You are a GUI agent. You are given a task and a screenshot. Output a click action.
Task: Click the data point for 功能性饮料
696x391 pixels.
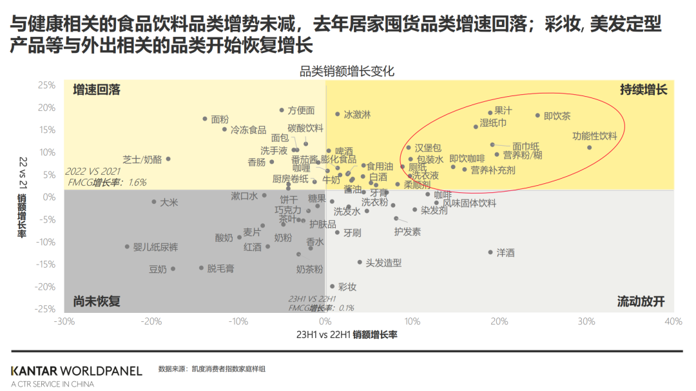pyautogui.click(x=589, y=148)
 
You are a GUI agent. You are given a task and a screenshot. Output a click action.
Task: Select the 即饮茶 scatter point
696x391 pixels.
pyautogui.click(x=537, y=115)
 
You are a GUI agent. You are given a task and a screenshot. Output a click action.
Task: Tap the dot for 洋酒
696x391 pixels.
pyautogui.click(x=490, y=252)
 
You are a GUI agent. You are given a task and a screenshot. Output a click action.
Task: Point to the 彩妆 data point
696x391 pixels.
pyautogui.click(x=333, y=286)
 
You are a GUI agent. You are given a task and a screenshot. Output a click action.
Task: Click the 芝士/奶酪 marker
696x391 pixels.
pyautogui.click(x=168, y=159)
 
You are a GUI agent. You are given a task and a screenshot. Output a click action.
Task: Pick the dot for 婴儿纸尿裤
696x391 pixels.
pyautogui.click(x=127, y=246)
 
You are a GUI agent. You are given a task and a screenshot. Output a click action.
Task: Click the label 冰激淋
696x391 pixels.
pyautogui.click(x=357, y=114)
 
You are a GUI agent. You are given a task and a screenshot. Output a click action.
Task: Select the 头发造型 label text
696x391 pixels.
pyautogui.click(x=383, y=263)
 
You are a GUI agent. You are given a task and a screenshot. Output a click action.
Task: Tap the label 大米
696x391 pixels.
pyautogui.click(x=169, y=202)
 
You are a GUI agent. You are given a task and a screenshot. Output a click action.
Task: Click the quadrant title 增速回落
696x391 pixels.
pyautogui.click(x=97, y=90)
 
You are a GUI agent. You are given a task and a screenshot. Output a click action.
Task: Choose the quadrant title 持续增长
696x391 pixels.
pyautogui.click(x=643, y=90)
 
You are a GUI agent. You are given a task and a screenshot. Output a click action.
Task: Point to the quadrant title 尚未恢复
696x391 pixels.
pyautogui.click(x=97, y=301)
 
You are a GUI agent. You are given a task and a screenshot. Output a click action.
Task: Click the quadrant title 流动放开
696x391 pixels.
pyautogui.click(x=641, y=301)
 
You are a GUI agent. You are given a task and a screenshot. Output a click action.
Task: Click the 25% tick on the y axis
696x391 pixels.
pyautogui.click(x=46, y=85)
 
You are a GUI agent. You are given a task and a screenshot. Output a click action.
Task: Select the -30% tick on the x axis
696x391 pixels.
pyautogui.click(x=64, y=321)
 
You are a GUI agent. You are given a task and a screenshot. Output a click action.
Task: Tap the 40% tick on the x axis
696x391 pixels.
pyautogui.click(x=673, y=321)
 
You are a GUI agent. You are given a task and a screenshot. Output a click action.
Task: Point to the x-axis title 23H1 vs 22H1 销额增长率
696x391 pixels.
pyautogui.click(x=347, y=335)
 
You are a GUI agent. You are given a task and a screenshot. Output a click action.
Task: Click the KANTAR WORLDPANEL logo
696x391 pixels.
pyautogui.click(x=76, y=371)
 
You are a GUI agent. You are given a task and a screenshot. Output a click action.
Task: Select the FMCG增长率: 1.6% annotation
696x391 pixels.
pyautogui.click(x=107, y=183)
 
